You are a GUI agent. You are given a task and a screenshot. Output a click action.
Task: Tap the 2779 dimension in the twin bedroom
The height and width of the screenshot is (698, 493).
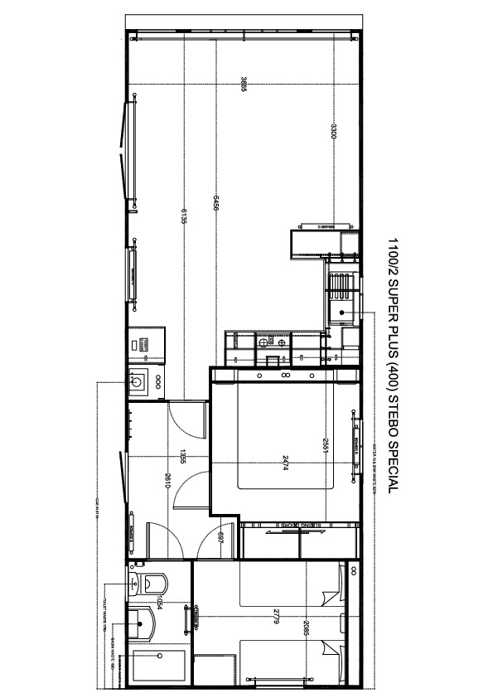pos(273,618)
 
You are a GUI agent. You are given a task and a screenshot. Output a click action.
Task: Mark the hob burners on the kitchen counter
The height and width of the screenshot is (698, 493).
pos(273,342)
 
